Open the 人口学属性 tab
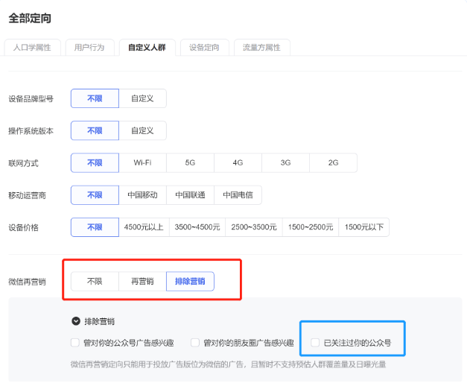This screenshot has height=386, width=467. [x=32, y=48]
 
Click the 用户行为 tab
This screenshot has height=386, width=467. [x=89, y=48]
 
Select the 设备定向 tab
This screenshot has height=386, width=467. [x=204, y=48]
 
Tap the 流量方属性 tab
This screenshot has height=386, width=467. [x=261, y=48]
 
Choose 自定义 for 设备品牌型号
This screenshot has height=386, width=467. [x=142, y=98]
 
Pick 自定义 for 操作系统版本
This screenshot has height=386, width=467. [x=142, y=130]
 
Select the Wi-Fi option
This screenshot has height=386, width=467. [x=142, y=162]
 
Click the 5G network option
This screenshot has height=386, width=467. [x=190, y=162]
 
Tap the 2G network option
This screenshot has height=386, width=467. [x=333, y=162]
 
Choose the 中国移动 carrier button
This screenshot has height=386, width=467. [x=142, y=195]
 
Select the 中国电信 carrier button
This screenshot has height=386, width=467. [x=238, y=195]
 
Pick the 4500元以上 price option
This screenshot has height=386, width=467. [x=144, y=227]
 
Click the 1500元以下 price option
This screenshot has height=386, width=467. [x=364, y=227]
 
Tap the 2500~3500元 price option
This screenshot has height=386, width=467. [x=254, y=227]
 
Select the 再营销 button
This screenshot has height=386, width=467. [x=142, y=281]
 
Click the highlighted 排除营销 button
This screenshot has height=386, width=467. [x=190, y=281]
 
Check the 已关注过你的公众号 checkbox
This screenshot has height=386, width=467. [x=315, y=343]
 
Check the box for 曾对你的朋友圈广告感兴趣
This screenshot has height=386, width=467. [x=195, y=343]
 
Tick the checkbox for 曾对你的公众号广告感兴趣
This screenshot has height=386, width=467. [x=75, y=343]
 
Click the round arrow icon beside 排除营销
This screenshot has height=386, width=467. [x=76, y=321]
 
